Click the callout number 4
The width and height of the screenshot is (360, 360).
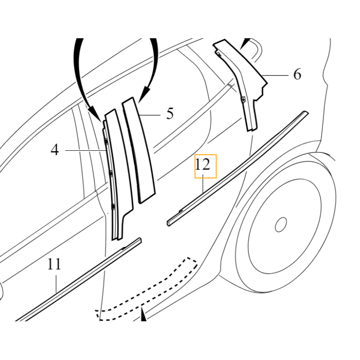pos(54,150)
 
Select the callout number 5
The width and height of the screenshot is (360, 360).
pos(170,113)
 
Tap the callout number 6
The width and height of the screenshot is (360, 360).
pos(297,74)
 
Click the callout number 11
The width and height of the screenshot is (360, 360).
pos(54,264)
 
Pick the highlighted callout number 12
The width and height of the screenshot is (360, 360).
pos(202,165)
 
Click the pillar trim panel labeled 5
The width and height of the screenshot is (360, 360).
pos(139,150)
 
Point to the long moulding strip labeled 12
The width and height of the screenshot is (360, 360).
pos(238,169)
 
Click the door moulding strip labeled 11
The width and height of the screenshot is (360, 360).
pos(78,280)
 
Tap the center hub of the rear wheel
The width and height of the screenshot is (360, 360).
pos(281,225)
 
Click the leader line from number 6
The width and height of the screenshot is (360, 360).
pos(275,75)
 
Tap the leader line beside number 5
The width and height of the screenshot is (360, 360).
pos(150,115)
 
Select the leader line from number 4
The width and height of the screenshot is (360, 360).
pos(85,150)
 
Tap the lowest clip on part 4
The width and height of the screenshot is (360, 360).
pos(113,207)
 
